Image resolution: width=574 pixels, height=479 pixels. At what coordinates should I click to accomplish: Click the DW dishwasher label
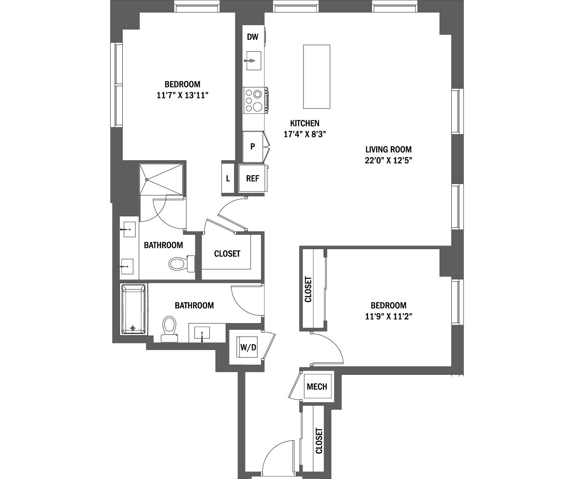[252, 37]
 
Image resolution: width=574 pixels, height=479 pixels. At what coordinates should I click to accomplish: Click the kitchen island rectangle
[316, 76]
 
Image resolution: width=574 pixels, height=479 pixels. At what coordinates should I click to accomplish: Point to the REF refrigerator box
[252, 178]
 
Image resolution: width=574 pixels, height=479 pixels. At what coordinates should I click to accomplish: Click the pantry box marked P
[253, 147]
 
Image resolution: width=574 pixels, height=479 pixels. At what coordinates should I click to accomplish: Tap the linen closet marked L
[228, 178]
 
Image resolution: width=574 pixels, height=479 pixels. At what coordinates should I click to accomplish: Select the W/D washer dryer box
[246, 347]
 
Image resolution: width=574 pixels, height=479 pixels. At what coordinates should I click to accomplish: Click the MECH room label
[317, 387]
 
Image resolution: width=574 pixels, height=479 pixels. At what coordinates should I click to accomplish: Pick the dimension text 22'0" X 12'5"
[388, 160]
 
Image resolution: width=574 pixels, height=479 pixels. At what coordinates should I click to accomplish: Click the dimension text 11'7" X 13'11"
[182, 95]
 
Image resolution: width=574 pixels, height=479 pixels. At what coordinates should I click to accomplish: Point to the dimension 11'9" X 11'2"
[388, 316]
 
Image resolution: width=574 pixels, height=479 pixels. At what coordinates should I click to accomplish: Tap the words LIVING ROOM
[388, 149]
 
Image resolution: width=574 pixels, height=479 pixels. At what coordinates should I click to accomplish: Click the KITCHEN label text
[305, 124]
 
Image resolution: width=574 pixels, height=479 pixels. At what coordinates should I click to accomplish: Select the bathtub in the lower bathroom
[134, 309]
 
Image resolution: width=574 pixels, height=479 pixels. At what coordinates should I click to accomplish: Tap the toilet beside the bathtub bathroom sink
[169, 328]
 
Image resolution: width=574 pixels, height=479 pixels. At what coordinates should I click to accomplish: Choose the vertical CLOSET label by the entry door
[319, 441]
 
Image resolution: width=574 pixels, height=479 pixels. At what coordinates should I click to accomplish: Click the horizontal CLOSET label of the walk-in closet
[227, 254]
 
